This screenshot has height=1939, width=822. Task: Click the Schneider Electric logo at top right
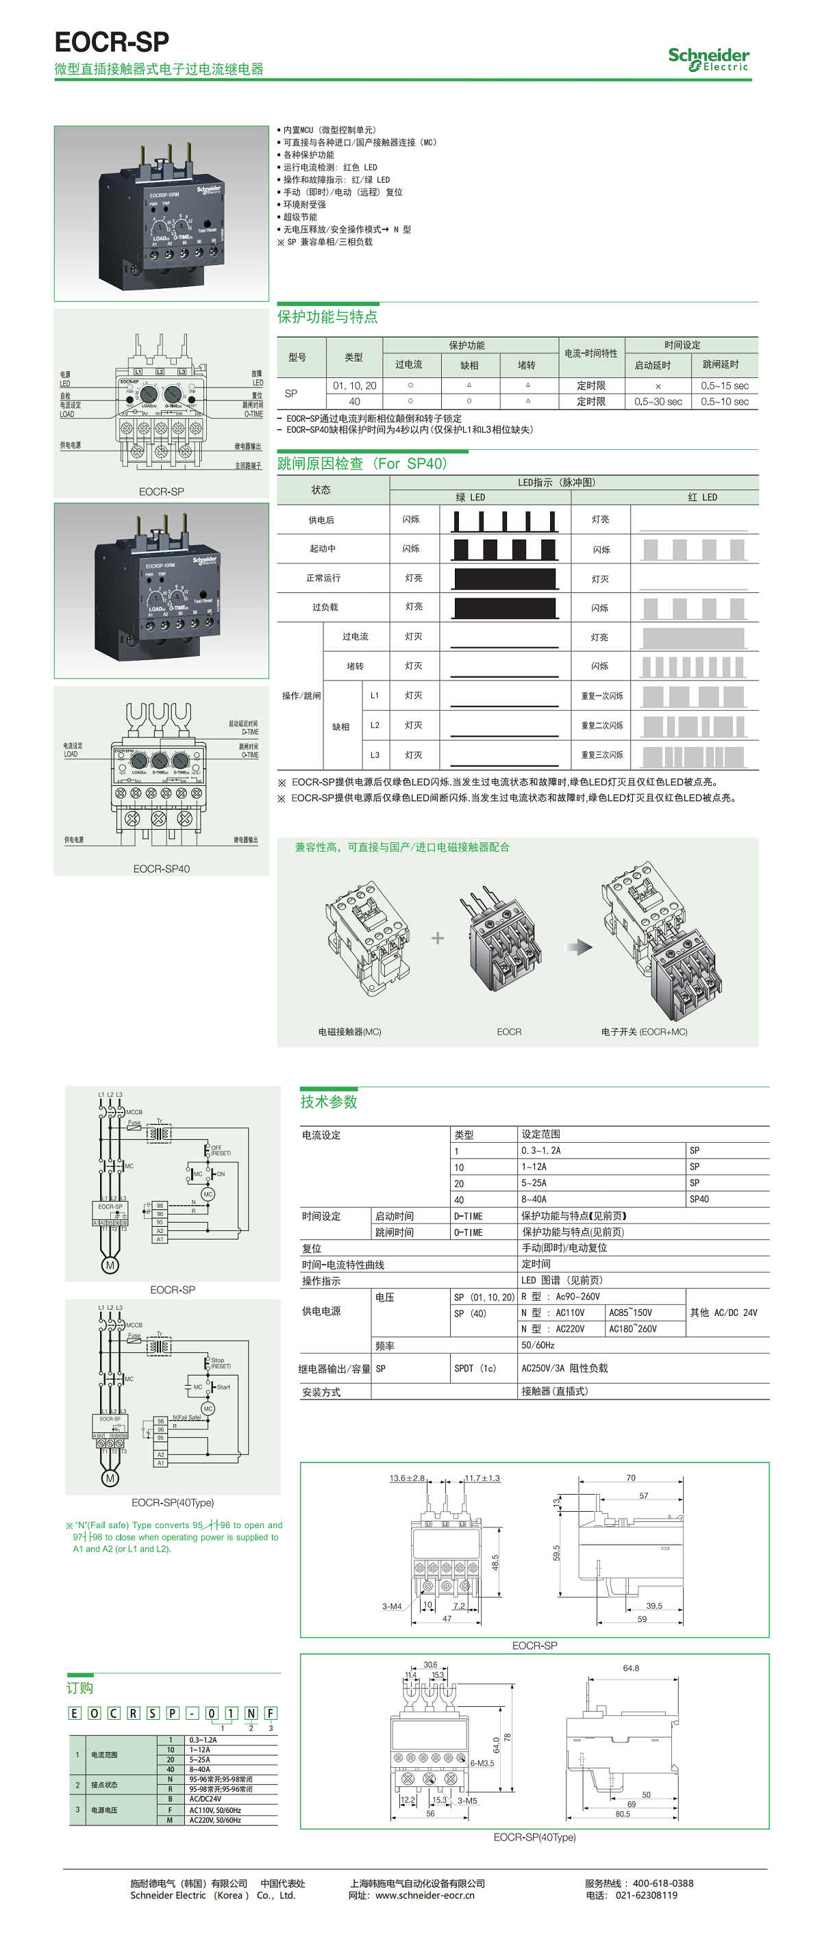click(708, 59)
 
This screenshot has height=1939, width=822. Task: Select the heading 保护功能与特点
click(327, 317)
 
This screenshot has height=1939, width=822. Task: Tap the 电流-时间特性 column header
click(591, 354)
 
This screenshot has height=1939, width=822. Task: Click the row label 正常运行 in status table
click(323, 578)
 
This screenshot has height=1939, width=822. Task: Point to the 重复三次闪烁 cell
click(601, 755)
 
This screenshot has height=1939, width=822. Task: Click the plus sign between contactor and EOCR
click(437, 938)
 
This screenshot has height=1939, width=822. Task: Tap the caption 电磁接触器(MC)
click(349, 1032)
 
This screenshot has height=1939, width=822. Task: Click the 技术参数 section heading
click(329, 1102)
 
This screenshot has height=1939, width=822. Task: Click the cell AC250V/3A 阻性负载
click(564, 1369)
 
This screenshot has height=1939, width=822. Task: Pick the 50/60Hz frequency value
click(538, 1345)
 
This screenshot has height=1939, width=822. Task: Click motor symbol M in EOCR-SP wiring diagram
click(110, 1265)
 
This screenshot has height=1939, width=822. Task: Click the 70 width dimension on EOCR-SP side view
click(631, 1478)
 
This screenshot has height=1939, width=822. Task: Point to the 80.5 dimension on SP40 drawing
click(623, 1814)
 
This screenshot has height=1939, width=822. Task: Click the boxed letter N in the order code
click(251, 1713)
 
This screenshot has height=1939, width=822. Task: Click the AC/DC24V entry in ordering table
click(205, 1799)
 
